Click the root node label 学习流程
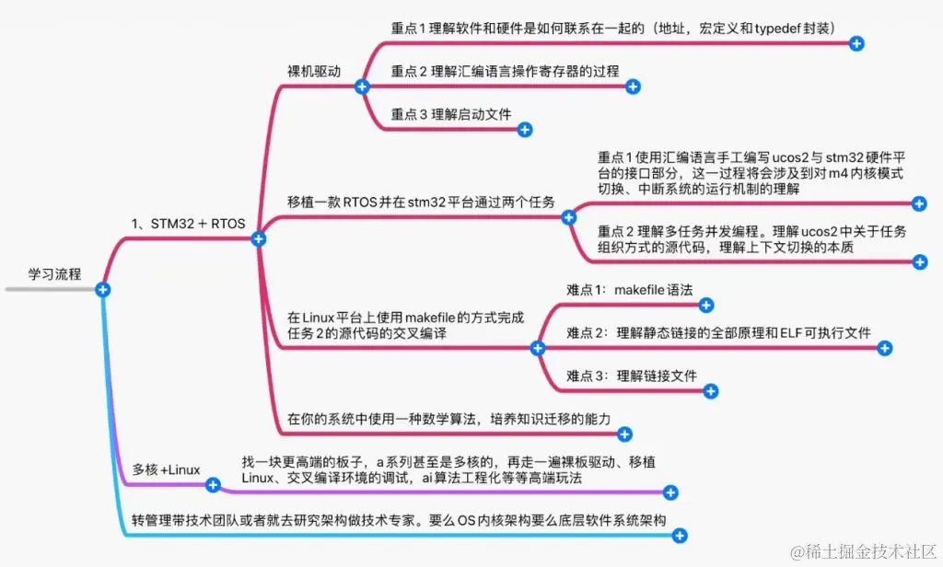(54, 273)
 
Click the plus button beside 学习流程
(103, 289)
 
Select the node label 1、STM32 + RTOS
(189, 223)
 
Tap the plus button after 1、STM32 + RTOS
(259, 238)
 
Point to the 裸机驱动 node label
(314, 70)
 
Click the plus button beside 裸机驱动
(362, 87)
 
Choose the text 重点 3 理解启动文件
(450, 114)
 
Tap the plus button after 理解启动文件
(525, 130)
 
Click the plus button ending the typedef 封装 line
(856, 43)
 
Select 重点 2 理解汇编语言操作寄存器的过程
(505, 71)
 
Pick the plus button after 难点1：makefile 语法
(706, 305)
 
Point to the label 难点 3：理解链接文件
(632, 375)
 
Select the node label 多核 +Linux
(166, 469)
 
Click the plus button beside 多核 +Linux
(213, 484)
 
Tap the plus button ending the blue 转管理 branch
(680, 534)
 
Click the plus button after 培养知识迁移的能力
(624, 434)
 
